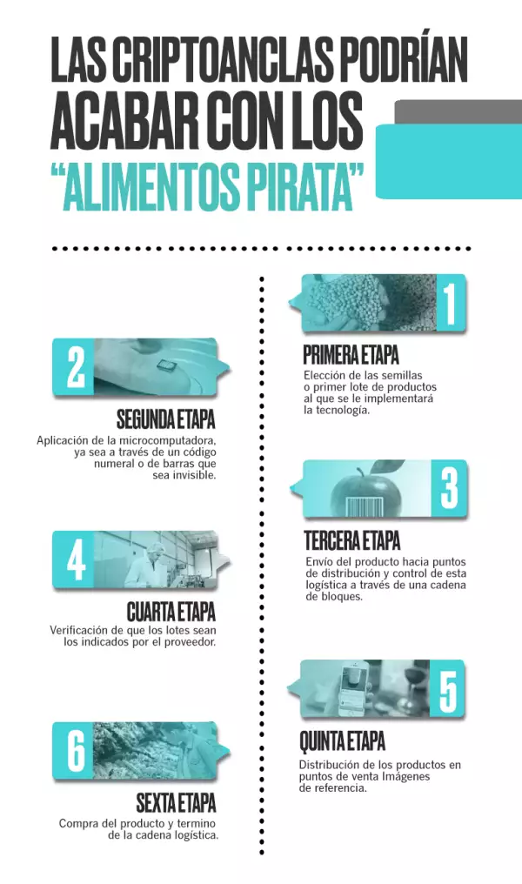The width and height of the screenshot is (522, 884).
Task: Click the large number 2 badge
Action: [x=75, y=367]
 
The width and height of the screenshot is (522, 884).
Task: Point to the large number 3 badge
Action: [x=449, y=487]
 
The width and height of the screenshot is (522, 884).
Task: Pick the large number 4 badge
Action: [x=74, y=559]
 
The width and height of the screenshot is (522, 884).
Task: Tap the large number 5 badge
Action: [x=447, y=688]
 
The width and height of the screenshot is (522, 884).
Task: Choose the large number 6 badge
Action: [x=74, y=751]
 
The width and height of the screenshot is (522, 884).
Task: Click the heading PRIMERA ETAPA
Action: [x=351, y=355]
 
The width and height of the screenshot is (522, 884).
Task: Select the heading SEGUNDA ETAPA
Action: [x=165, y=419]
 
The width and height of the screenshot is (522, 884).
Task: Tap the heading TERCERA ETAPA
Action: [x=352, y=540]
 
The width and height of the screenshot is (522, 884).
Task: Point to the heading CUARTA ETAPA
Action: [x=171, y=612]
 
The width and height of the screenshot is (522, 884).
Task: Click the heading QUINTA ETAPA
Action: [x=342, y=740]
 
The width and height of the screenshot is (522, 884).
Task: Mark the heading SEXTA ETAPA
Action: [x=176, y=802]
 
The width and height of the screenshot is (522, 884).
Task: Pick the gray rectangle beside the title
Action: [x=458, y=111]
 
